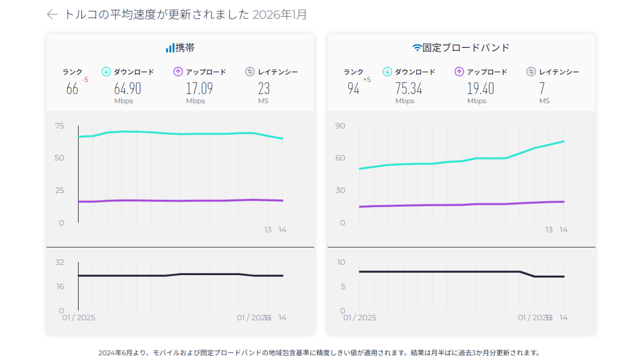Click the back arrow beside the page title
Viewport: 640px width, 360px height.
[x=52, y=15]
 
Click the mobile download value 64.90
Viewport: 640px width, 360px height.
[x=127, y=88]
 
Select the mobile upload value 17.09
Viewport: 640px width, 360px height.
[x=199, y=88]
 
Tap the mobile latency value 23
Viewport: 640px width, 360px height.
[x=264, y=88]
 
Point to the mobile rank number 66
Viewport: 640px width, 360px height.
[x=72, y=88]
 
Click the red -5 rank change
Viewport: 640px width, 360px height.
[x=85, y=80]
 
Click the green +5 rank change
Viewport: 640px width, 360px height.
[x=367, y=80]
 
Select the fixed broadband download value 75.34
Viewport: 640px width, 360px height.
[x=409, y=88]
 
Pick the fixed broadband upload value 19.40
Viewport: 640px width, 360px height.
[x=480, y=88]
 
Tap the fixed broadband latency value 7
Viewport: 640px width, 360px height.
[x=542, y=88]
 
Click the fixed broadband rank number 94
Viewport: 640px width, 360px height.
[x=353, y=88]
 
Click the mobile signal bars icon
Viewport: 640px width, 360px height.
[x=170, y=48]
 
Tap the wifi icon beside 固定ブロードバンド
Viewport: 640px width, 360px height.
[x=417, y=48]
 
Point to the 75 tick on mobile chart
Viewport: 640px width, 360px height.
[x=60, y=126]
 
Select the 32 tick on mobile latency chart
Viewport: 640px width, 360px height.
[x=60, y=262]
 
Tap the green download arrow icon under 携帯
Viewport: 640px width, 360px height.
[x=106, y=72]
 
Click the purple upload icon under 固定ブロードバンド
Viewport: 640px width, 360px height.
[x=459, y=72]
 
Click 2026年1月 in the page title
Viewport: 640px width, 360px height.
[x=280, y=15]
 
